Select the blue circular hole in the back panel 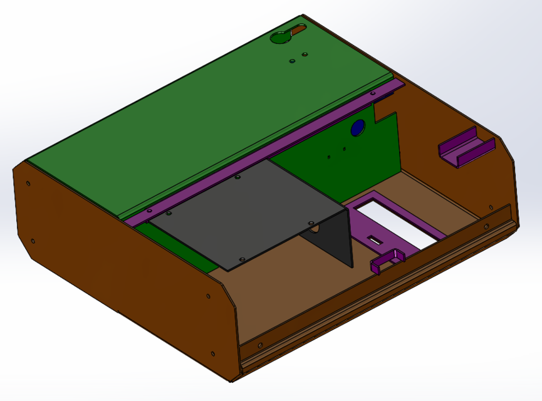click(358, 128)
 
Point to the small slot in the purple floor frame click(375, 240)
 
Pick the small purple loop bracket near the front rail click(389, 258)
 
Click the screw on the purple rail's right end click(374, 94)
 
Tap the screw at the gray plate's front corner click(241, 258)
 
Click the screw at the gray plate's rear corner click(237, 178)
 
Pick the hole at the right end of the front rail click(486, 226)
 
